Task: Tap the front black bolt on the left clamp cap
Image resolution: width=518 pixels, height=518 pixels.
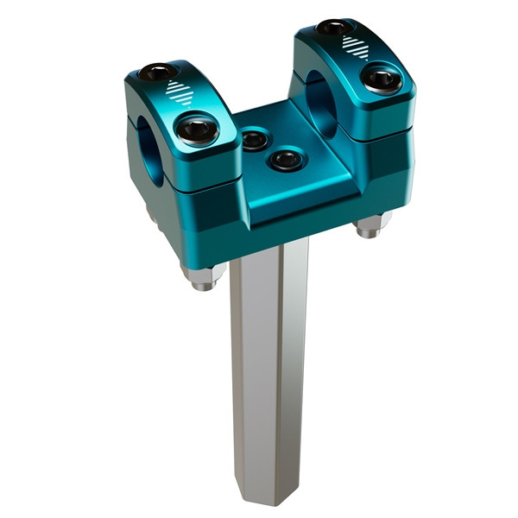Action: [x=197, y=132]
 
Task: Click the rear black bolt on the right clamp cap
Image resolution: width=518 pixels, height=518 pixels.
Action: [x=335, y=28]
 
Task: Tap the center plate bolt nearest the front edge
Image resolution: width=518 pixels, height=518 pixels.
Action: [x=285, y=160]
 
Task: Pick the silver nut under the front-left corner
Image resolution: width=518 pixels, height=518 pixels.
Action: [x=205, y=276]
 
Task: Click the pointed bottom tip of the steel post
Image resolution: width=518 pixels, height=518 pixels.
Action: [x=269, y=501]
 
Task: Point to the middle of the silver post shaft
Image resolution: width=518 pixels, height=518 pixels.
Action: [x=268, y=371]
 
